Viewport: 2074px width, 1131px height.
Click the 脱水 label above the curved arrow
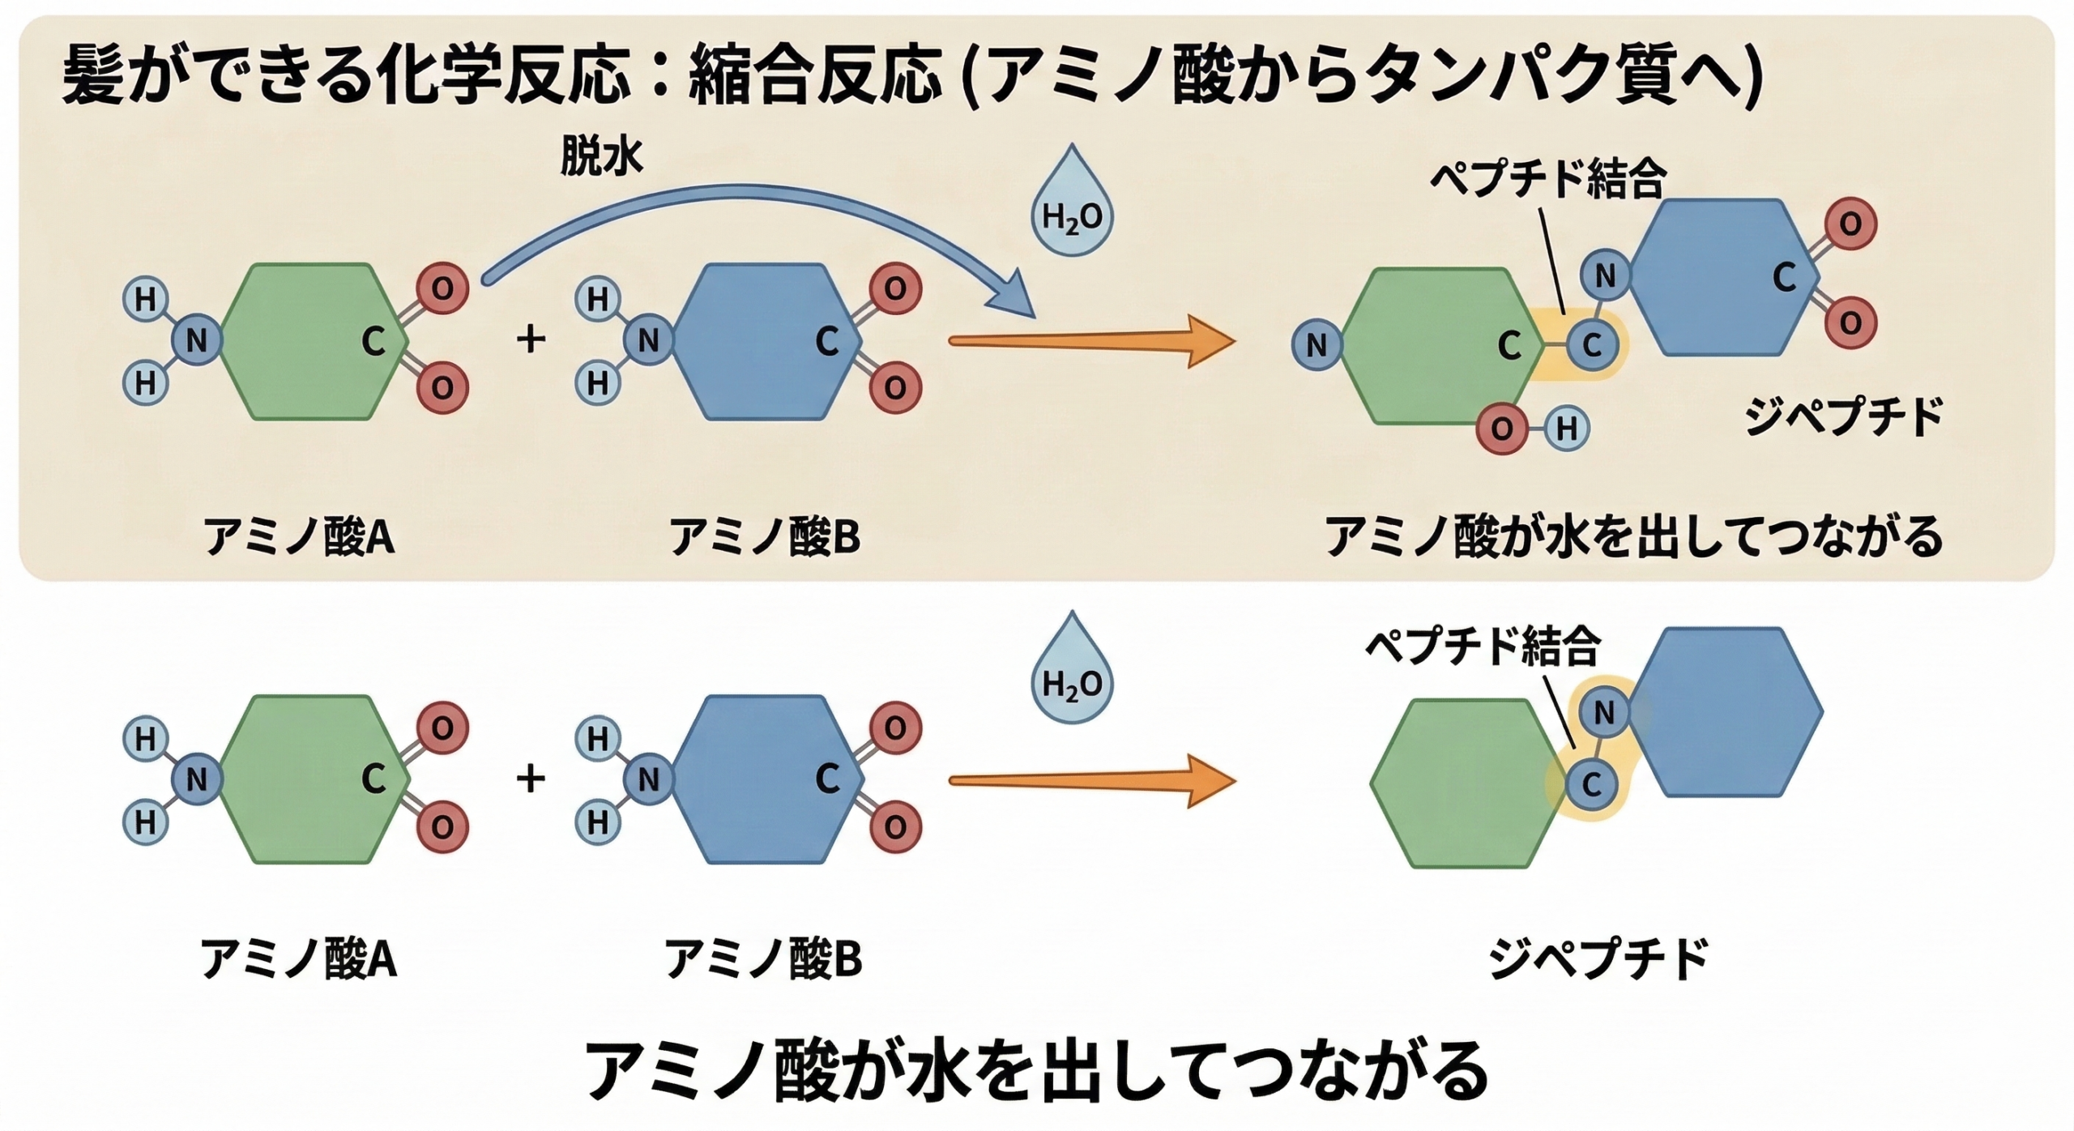(x=601, y=157)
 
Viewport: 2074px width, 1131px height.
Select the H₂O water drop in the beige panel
(x=1072, y=207)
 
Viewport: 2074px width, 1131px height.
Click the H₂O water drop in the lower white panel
(x=1072, y=675)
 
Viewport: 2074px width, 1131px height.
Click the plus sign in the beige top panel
(x=531, y=339)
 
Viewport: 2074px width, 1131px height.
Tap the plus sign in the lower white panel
(x=531, y=779)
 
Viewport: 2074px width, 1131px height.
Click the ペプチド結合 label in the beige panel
(x=1547, y=179)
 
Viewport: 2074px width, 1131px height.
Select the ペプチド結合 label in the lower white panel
(x=1483, y=647)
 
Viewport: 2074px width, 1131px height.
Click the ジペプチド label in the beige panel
(x=1844, y=417)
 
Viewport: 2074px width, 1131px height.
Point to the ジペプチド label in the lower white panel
(x=1598, y=958)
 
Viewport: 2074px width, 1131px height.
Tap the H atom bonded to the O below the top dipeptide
(x=1566, y=429)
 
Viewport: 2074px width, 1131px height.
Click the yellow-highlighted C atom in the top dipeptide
(x=1592, y=346)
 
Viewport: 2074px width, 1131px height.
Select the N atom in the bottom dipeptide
(x=1604, y=713)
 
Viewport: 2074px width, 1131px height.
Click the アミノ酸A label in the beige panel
(x=299, y=536)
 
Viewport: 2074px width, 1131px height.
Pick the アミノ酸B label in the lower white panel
(x=763, y=958)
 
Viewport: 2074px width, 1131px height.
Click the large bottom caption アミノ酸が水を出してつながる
(x=1037, y=1069)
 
